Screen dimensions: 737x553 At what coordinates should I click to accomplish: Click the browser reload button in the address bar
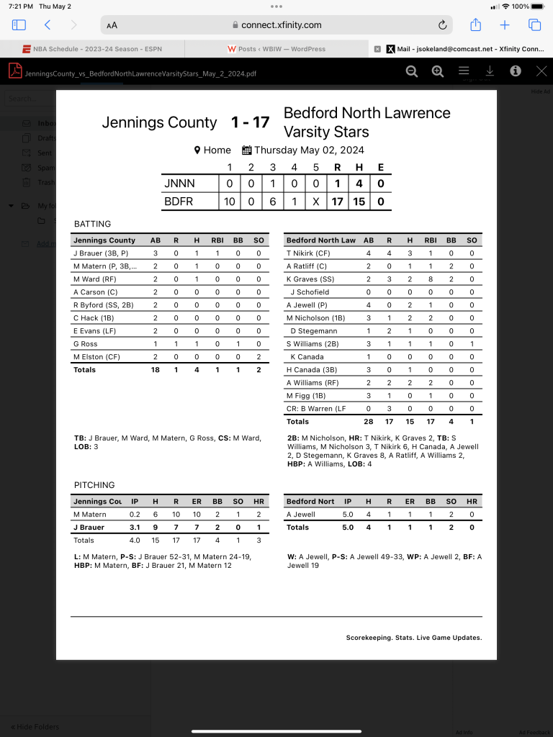442,25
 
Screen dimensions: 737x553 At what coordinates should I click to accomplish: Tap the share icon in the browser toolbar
475,25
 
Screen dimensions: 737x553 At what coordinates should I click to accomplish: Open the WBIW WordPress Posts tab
276,49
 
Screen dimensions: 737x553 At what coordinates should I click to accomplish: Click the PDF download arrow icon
490,71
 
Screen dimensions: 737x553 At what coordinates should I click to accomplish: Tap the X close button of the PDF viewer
541,71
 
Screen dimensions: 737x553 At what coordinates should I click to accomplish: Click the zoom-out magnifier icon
411,71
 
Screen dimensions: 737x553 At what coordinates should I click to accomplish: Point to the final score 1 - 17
250,122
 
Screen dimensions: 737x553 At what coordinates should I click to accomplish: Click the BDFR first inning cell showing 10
229,202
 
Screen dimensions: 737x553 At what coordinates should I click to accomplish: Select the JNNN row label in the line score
180,184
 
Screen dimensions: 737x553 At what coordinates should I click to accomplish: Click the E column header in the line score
380,168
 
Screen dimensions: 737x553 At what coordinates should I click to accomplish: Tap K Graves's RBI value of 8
430,279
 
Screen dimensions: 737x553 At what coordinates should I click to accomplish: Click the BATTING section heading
92,224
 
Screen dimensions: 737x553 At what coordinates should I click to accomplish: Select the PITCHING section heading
94,485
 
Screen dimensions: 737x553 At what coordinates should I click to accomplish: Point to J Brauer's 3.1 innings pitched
135,528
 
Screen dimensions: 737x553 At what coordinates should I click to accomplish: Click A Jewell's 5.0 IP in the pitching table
348,515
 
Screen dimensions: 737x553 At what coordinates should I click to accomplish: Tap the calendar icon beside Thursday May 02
246,150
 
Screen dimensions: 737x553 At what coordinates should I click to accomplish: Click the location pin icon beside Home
197,150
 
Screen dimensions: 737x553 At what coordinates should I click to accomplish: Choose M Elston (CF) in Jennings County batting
96,357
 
